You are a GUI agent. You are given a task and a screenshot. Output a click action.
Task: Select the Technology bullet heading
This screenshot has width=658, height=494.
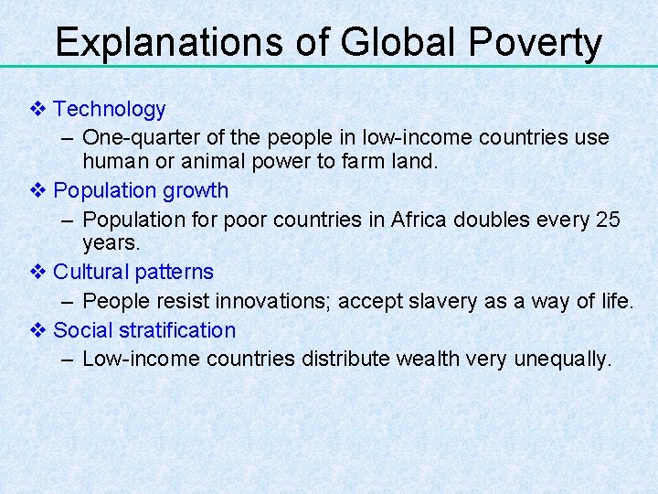click(110, 110)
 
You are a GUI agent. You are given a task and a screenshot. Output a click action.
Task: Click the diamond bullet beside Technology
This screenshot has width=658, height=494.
click(37, 110)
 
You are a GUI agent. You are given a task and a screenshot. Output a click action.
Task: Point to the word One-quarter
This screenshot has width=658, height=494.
click(133, 138)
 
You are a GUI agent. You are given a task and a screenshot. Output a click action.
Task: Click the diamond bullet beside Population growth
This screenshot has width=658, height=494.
click(37, 191)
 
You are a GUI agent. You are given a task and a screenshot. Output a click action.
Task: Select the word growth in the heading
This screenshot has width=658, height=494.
click(196, 191)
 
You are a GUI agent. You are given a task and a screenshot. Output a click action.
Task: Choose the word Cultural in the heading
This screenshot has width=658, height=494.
click(90, 273)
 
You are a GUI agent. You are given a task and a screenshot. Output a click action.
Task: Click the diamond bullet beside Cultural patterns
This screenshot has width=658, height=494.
click(37, 273)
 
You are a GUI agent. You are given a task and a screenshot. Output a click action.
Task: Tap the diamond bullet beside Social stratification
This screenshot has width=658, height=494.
click(37, 330)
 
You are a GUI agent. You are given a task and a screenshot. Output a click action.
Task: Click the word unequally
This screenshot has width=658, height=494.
click(565, 360)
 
